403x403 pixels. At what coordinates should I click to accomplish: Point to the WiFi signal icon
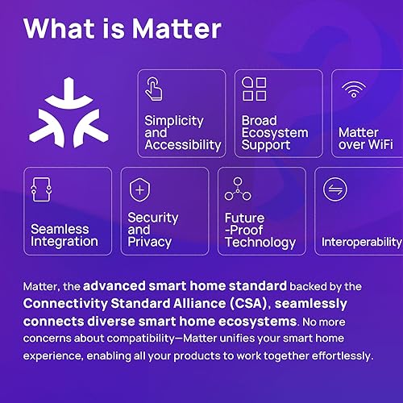tap(352, 89)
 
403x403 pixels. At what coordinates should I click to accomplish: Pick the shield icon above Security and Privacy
tap(139, 191)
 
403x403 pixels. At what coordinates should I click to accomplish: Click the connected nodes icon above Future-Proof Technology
tap(237, 190)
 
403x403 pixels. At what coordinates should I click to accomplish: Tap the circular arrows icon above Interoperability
tap(334, 190)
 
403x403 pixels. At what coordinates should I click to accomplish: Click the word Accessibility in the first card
tap(183, 145)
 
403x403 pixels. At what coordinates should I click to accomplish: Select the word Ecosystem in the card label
tap(275, 133)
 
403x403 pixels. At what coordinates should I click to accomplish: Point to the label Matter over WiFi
tap(359, 139)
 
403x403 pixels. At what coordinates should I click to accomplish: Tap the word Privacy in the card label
tap(149, 242)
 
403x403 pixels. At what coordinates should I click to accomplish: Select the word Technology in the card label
tap(260, 242)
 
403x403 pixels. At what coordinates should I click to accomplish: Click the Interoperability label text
tap(361, 242)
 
